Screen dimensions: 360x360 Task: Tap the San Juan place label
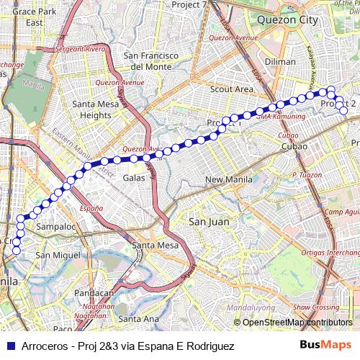click(x=209, y=222)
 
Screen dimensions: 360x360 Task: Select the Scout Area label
click(x=231, y=89)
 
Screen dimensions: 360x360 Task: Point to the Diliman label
click(x=280, y=62)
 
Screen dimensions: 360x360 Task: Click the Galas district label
click(x=134, y=177)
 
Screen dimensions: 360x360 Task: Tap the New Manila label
click(x=228, y=179)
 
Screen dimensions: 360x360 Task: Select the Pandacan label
click(x=93, y=293)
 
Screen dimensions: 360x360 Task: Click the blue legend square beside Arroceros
click(x=10, y=346)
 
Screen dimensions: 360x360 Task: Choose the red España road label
click(x=91, y=208)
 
